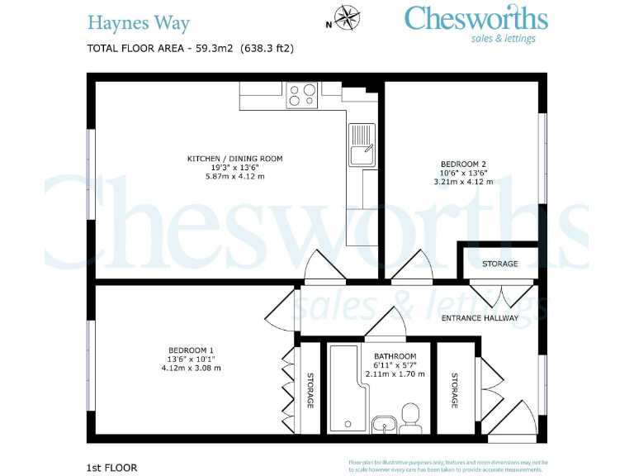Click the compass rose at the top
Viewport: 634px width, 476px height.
coord(348,16)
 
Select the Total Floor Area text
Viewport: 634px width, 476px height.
coord(190,48)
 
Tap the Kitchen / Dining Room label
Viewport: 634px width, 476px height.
coord(234,158)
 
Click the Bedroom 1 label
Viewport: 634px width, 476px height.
coord(191,350)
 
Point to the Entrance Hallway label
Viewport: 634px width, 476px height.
coord(480,318)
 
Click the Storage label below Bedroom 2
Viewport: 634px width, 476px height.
coord(500,264)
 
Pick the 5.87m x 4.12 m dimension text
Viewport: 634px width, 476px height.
coord(234,176)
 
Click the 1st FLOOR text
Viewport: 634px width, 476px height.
coord(111,468)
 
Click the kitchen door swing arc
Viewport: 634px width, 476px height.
coord(325,266)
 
